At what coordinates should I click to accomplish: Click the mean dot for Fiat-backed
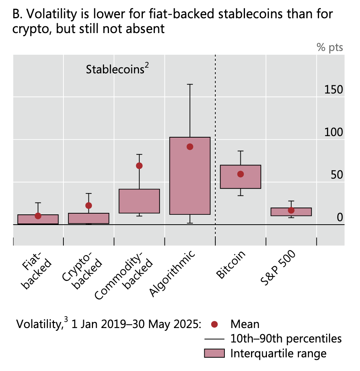pyautogui.click(x=38, y=216)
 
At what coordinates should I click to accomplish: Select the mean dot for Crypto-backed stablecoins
pyautogui.click(x=88, y=206)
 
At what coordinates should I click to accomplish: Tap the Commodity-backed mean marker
pyautogui.click(x=139, y=166)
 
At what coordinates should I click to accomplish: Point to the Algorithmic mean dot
pyautogui.click(x=190, y=147)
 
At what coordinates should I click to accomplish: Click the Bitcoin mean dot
pyautogui.click(x=240, y=174)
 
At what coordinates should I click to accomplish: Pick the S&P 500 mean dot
pyautogui.click(x=291, y=210)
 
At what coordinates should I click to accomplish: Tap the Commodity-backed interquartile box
pyautogui.click(x=139, y=201)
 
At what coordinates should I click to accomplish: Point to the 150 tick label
pyautogui.click(x=334, y=90)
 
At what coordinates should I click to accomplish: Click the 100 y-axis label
pyautogui.click(x=334, y=132)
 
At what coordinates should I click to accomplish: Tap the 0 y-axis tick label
pyautogui.click(x=340, y=217)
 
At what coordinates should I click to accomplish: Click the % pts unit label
pyautogui.click(x=330, y=48)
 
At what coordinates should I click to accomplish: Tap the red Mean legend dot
pyautogui.click(x=215, y=324)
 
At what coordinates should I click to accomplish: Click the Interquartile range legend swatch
pyautogui.click(x=215, y=354)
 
